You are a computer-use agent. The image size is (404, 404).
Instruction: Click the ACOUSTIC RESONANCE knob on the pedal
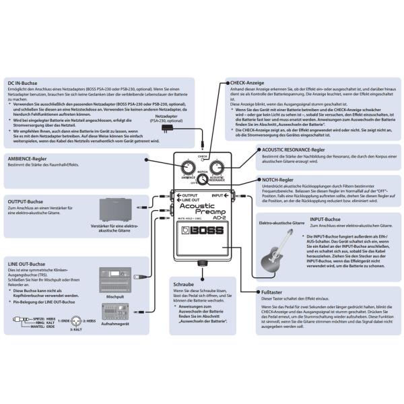pyautogui.click(x=217, y=168)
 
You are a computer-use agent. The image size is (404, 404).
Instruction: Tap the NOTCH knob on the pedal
pyautogui.click(x=203, y=180)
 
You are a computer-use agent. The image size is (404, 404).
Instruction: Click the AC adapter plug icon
pyautogui.click(x=158, y=131)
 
